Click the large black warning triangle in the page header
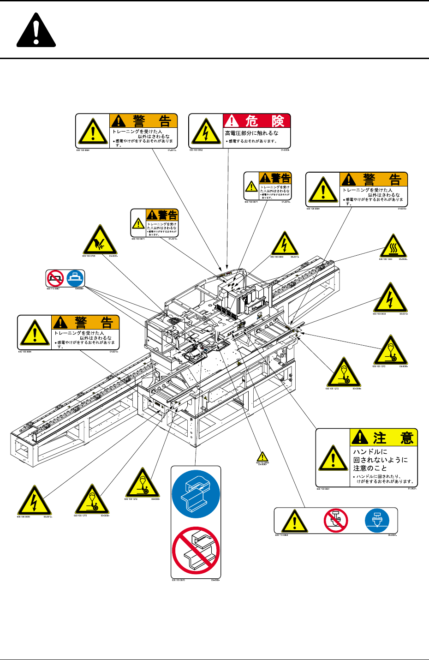[36, 31]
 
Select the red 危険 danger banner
[257, 121]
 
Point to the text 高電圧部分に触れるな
[251, 133]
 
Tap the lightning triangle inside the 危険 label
[206, 131]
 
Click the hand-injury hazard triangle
[100, 240]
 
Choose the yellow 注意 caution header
[383, 437]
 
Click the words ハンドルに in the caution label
[370, 452]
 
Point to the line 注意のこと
[370, 468]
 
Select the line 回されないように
[380, 460]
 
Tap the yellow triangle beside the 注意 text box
[333, 458]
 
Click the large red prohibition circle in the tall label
[196, 551]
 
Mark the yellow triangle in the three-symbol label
[294, 521]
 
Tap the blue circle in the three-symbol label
[377, 520]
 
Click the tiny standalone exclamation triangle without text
[262, 456]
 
